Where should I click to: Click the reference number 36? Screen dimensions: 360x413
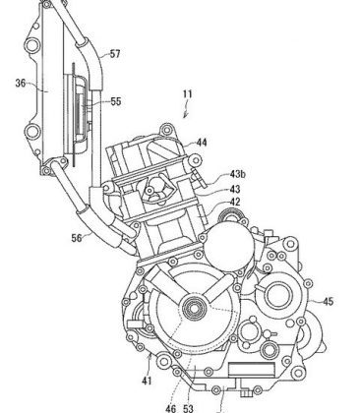pos(21,84)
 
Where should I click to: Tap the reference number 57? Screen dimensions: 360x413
pos(115,54)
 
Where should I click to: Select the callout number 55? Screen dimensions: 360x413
pos(116,101)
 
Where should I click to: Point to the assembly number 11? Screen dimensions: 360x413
pos(187,94)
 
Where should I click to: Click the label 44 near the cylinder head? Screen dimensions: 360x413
pos(202,143)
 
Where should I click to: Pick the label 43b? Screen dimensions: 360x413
pos(237,174)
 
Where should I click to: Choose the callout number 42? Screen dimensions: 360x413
pos(235,202)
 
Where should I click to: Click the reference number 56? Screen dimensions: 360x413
pos(77,238)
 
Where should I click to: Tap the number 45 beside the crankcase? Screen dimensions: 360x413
pos(328,301)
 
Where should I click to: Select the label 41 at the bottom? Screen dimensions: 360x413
pos(147,381)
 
